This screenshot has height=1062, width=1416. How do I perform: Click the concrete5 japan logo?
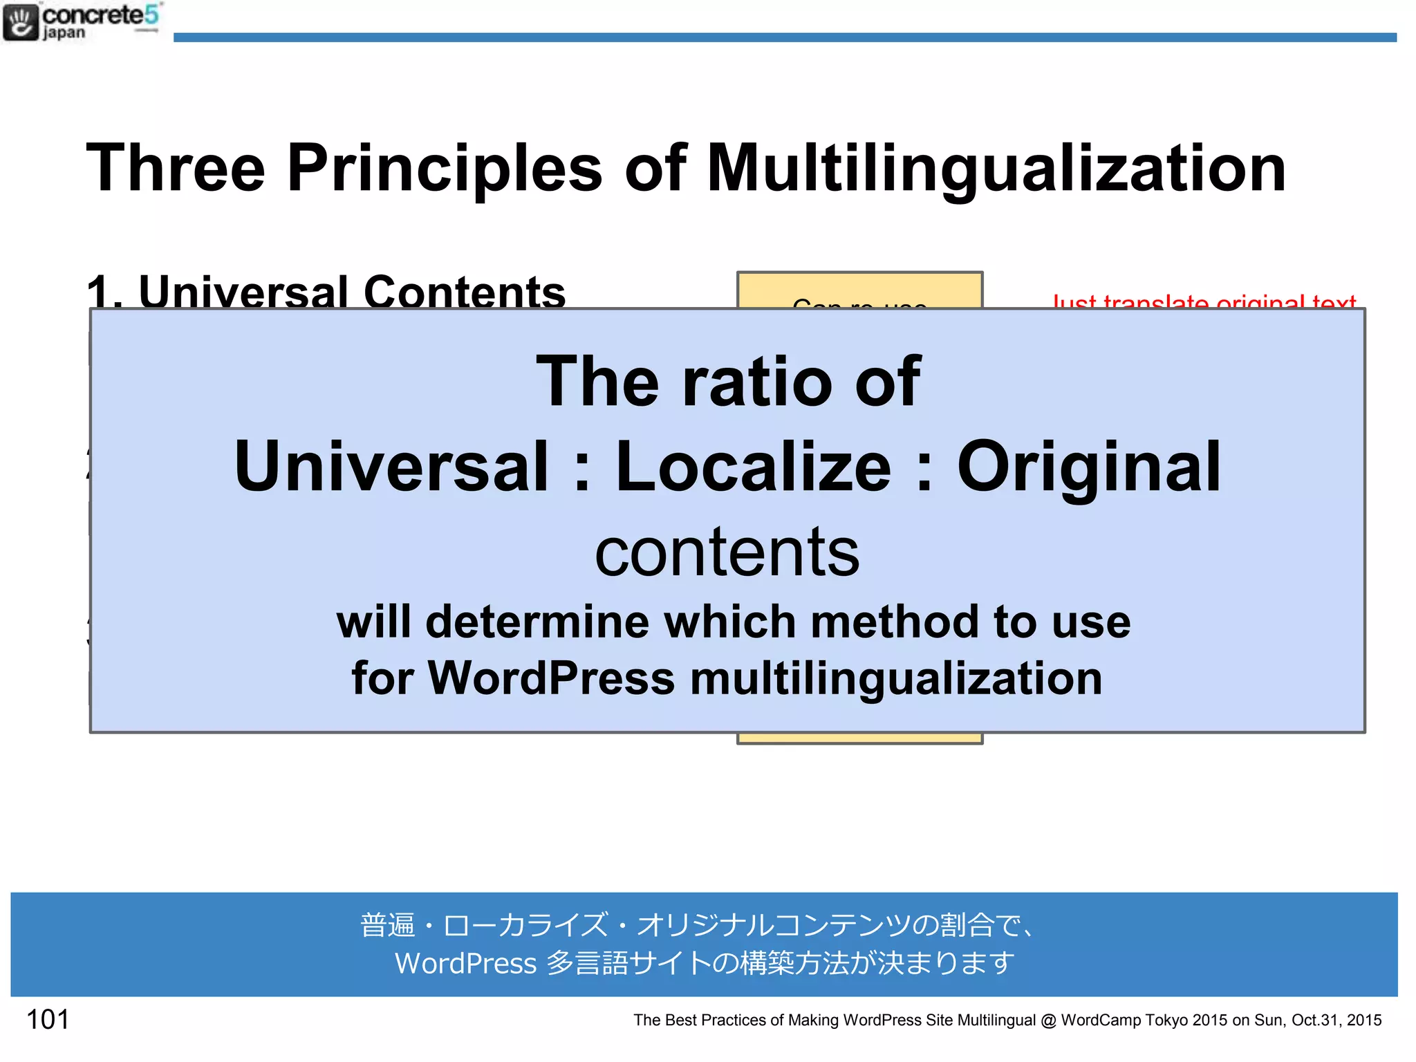[x=82, y=22]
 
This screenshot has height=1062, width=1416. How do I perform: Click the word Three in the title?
[x=176, y=168]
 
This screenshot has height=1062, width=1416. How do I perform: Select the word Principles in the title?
[x=445, y=168]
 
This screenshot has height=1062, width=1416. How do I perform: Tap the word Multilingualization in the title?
[x=996, y=168]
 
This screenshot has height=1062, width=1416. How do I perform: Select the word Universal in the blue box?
[x=391, y=467]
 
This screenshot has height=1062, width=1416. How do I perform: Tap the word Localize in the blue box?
[x=753, y=467]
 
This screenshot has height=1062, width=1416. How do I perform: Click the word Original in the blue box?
[x=1088, y=467]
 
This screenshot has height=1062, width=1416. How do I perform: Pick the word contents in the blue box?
[x=727, y=552]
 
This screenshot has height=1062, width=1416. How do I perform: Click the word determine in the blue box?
[x=537, y=622]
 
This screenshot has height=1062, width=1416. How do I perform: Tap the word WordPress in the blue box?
[x=551, y=678]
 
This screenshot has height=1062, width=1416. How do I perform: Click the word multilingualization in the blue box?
[x=896, y=678]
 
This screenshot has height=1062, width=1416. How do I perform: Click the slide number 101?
[x=47, y=1020]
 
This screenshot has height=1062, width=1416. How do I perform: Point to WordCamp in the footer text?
[x=1100, y=1021]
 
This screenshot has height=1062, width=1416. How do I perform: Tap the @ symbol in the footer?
[x=1048, y=1021]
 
